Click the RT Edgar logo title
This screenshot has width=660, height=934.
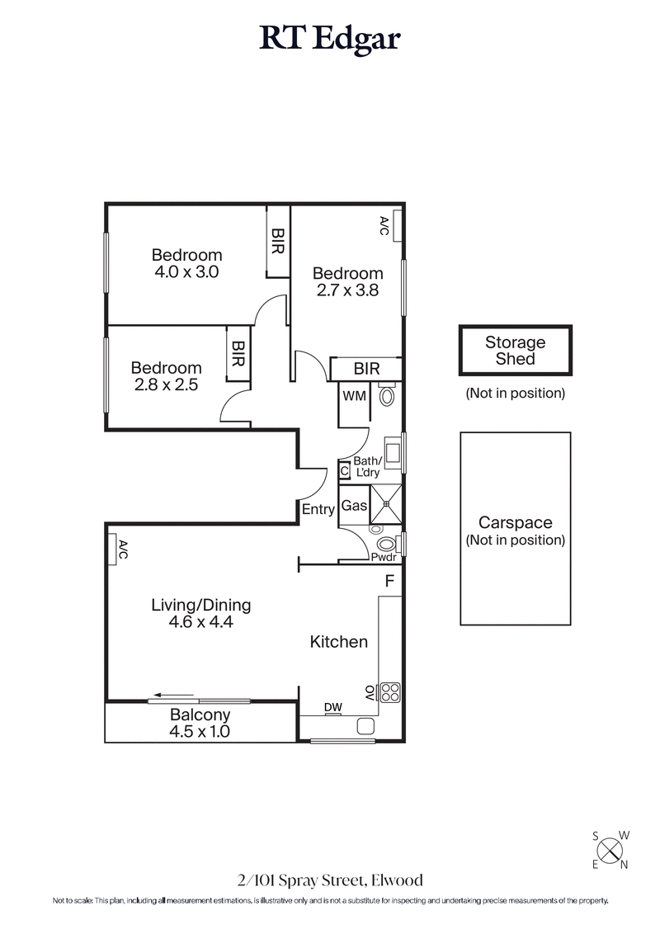[330, 38]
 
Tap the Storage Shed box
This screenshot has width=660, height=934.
[515, 350]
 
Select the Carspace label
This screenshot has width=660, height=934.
[515, 523]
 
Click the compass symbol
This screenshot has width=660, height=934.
[610, 849]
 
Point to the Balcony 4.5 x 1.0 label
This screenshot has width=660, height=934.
[200, 723]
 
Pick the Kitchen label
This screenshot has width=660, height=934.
[338, 641]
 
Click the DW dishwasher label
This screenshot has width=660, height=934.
[332, 707]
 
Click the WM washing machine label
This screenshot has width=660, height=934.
[354, 396]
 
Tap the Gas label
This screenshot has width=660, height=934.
[353, 506]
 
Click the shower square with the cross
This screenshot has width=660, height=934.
[385, 504]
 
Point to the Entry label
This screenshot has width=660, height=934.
[318, 509]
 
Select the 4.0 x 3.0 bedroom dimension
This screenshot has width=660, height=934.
[186, 271]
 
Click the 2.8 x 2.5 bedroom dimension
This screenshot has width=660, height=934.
[166, 384]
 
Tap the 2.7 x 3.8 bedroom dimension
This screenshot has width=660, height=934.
[347, 290]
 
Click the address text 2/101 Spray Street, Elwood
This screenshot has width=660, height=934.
[330, 880]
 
